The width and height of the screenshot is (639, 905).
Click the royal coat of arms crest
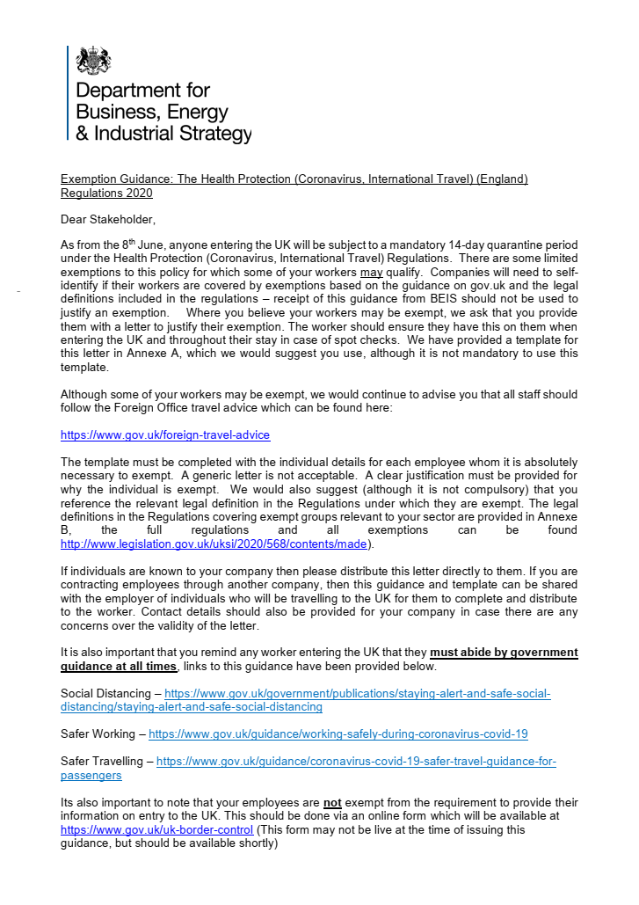(93, 62)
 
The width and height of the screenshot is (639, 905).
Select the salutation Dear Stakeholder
(107, 218)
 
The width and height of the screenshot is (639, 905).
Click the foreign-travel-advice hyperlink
(165, 434)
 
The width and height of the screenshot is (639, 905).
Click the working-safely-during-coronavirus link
(338, 733)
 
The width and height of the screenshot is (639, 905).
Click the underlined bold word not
(332, 802)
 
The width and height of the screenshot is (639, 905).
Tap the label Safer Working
(98, 733)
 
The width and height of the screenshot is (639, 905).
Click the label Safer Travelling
(104, 761)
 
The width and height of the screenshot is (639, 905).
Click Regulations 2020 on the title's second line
(106, 193)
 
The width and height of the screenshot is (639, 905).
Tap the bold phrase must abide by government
(504, 653)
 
